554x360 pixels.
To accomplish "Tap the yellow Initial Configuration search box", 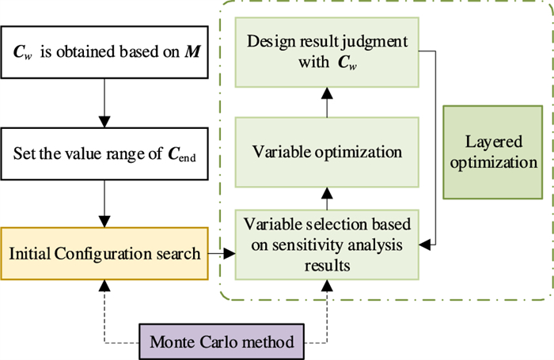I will point(103,254).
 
